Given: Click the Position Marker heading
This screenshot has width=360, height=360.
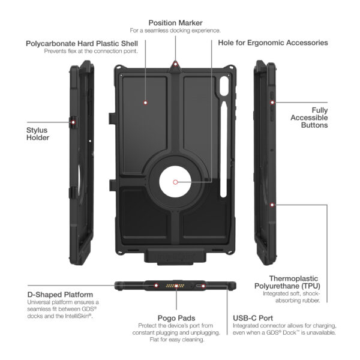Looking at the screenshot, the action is [x=175, y=23].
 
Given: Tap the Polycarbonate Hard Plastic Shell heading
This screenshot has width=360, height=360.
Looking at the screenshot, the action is [x=82, y=44].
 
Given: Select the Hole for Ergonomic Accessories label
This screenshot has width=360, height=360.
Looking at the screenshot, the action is [x=273, y=43].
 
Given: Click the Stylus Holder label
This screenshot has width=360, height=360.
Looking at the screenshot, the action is [x=38, y=134].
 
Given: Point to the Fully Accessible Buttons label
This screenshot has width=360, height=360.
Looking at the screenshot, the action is [x=309, y=118].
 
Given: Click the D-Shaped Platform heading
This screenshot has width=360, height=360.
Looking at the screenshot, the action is [x=60, y=295].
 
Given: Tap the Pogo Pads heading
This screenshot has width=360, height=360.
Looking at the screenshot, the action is [x=176, y=318].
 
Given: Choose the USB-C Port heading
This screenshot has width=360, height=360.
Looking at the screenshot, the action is [x=253, y=318].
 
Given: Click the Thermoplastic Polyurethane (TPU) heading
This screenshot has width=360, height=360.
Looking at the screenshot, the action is [x=287, y=282].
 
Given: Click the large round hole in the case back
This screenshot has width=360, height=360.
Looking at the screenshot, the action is [x=175, y=182].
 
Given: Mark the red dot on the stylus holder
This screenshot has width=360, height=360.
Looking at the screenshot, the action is [x=73, y=122].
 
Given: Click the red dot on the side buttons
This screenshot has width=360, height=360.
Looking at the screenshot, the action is [x=272, y=103].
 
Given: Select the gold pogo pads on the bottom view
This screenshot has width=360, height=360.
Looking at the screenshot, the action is [x=175, y=286].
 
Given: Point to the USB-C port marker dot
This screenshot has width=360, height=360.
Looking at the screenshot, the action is [x=203, y=286].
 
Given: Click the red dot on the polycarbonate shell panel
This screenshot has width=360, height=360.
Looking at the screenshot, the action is [x=145, y=103].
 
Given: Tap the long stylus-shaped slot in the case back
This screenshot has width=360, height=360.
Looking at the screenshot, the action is [x=224, y=149].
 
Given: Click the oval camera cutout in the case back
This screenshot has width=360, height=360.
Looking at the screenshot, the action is [x=224, y=86].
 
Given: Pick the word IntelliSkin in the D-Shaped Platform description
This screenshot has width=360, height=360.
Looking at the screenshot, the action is [x=78, y=316].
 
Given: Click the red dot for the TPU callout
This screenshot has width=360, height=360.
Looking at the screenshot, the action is [x=272, y=205].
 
